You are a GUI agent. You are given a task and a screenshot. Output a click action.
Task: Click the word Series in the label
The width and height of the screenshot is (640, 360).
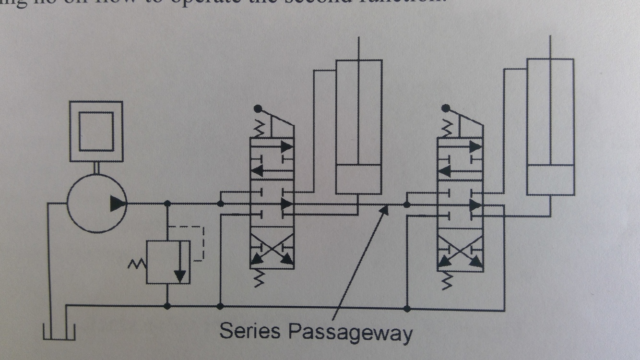coord(249,330)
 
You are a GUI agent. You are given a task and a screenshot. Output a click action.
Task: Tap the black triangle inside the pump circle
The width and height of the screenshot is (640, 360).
coord(118,204)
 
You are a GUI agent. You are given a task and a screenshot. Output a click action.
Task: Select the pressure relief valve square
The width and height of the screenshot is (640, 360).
coord(168,262)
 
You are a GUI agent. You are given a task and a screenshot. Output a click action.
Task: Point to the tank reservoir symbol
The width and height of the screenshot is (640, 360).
coord(59,331)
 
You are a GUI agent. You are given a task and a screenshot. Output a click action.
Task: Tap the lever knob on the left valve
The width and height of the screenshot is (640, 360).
coord(259,108)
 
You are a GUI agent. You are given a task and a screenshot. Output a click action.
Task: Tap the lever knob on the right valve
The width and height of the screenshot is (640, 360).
coord(447,108)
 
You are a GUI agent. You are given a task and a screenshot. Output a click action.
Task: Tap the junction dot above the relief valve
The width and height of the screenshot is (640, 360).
coord(167,204)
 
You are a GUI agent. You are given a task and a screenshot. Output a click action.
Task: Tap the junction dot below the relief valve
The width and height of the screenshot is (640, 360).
coord(167,305)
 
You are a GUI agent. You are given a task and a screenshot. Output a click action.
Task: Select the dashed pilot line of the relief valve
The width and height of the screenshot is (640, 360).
coord(203,242)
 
